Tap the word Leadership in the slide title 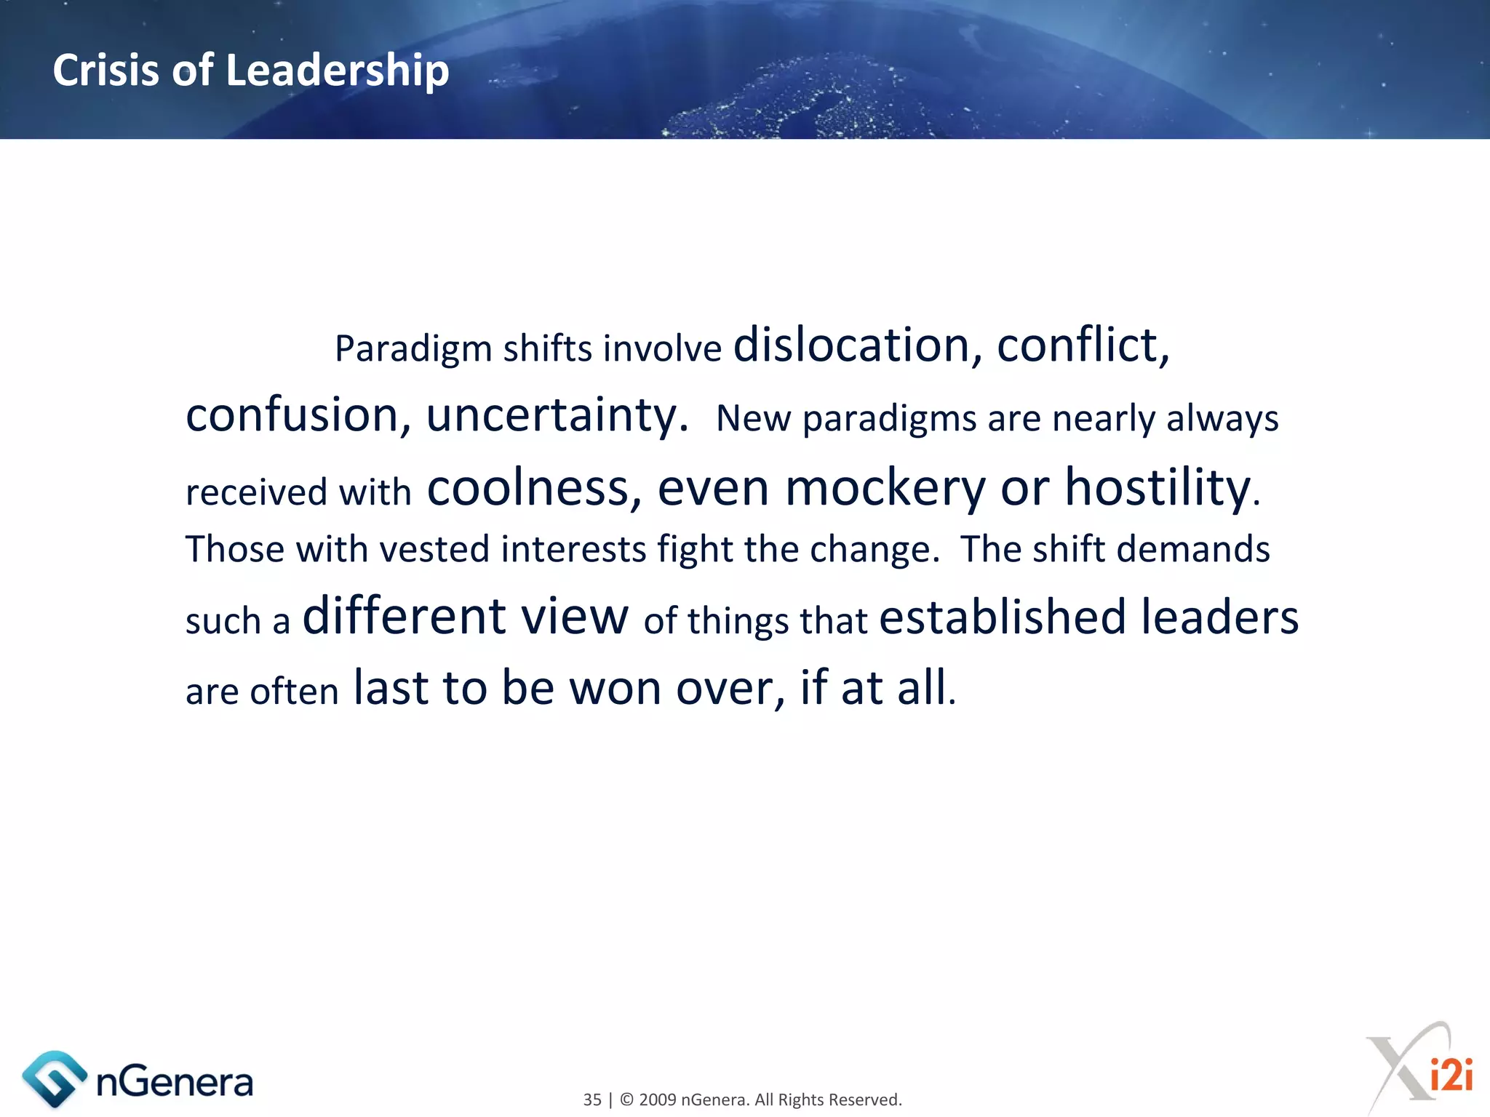pos(338,71)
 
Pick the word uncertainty pos(557,416)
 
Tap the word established pos(1003,617)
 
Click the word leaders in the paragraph pos(1219,617)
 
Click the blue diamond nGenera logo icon pos(54,1079)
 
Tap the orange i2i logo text pos(1451,1075)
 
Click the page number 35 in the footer pos(592,1100)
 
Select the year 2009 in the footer pos(658,1100)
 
